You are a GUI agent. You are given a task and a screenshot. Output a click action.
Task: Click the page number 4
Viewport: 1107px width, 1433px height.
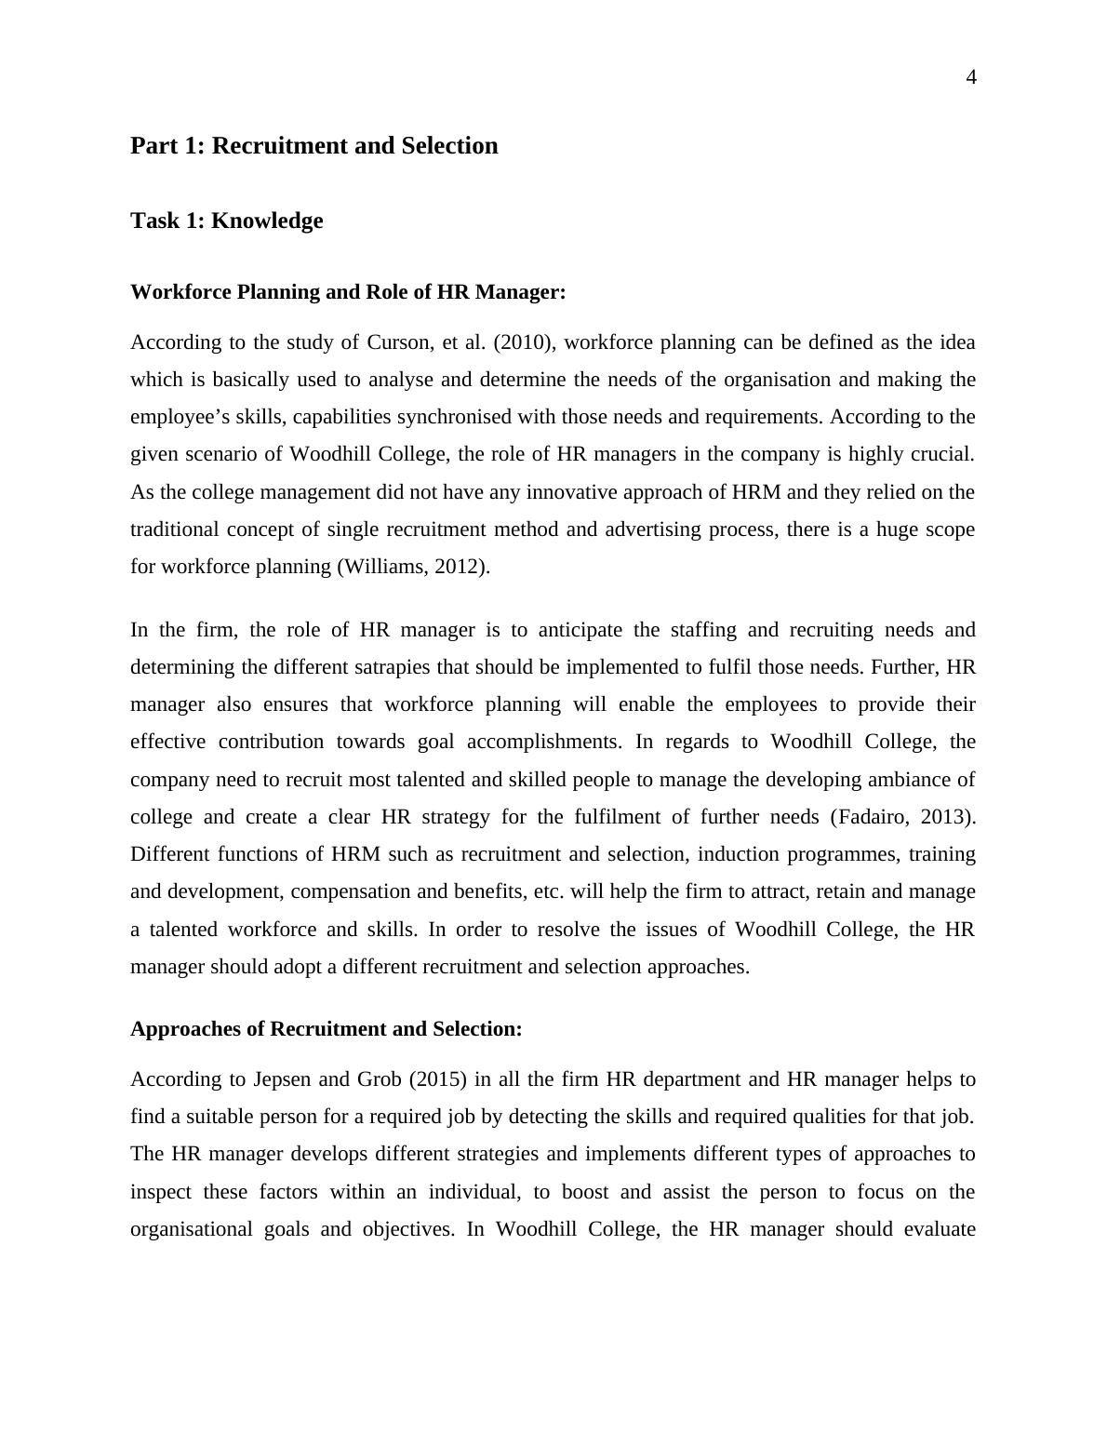point(971,78)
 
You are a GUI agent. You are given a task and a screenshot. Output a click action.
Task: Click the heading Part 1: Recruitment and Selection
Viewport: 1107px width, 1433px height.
point(313,146)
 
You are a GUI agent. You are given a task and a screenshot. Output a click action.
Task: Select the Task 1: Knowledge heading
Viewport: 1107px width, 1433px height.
point(226,221)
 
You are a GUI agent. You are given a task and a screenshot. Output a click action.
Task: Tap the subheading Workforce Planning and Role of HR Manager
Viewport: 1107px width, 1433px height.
point(348,292)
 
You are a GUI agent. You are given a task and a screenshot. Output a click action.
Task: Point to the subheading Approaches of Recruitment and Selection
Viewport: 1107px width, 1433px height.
point(326,1029)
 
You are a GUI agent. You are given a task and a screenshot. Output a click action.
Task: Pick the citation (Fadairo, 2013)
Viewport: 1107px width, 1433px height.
point(901,817)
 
